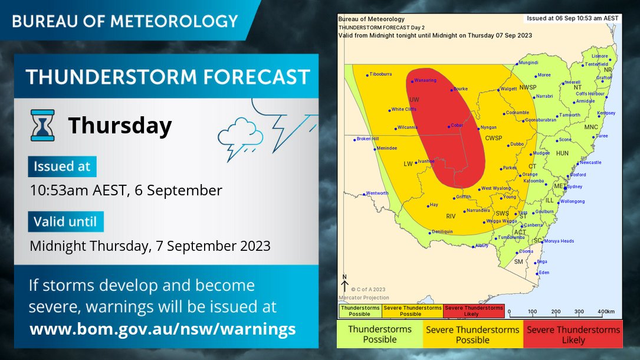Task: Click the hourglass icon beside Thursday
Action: pos(42,125)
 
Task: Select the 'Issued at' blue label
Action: pos(62,167)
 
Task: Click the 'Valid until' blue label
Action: pos(65,222)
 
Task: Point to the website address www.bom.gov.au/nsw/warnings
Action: pos(162,329)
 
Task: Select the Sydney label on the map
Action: pos(573,186)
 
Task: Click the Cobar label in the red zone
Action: pos(457,125)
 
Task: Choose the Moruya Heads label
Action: pos(558,241)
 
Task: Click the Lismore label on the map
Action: pos(599,56)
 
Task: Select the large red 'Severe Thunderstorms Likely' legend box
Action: pos(573,335)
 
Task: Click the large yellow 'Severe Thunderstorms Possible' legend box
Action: pos(472,335)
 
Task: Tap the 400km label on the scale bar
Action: pos(606,312)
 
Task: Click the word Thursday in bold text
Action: pos(120,126)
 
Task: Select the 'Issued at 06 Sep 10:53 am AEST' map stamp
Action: pos(572,18)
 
